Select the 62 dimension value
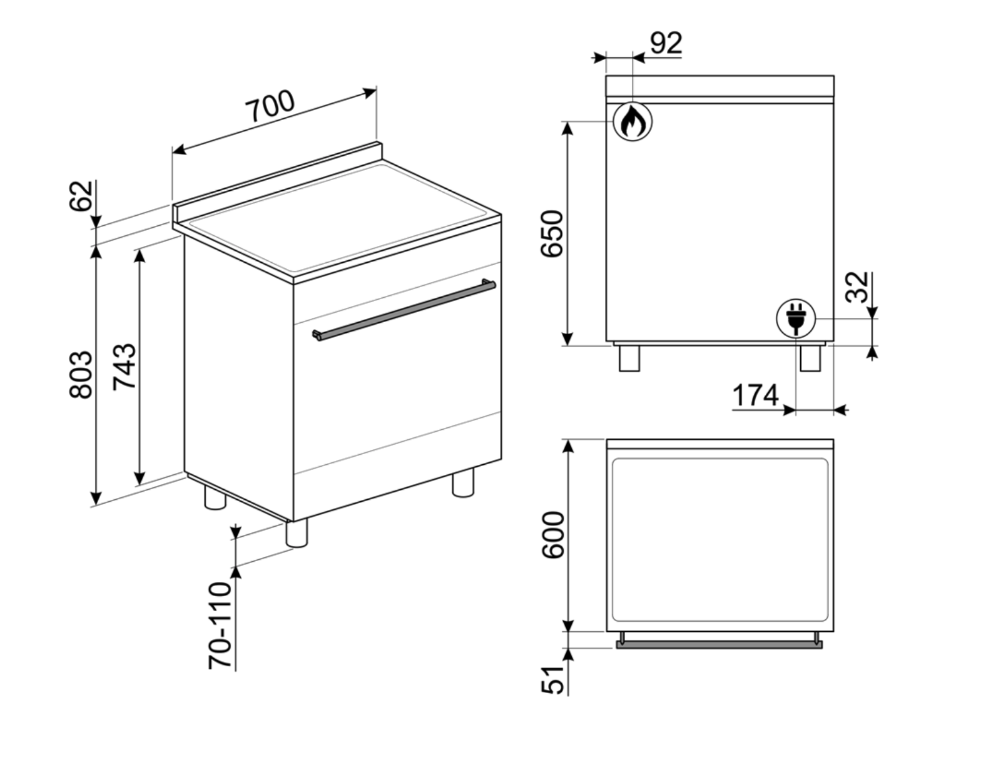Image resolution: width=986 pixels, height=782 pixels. [x=81, y=196]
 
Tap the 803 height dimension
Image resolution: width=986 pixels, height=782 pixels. [x=81, y=374]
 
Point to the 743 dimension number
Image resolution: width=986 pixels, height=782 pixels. [x=124, y=367]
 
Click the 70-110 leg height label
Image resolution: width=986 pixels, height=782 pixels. [x=220, y=625]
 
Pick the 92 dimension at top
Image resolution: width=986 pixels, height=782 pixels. [x=666, y=43]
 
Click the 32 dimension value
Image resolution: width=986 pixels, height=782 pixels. [x=857, y=287]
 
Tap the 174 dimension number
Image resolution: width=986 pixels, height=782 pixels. [x=755, y=395]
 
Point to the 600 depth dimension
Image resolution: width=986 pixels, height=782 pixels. [x=553, y=535]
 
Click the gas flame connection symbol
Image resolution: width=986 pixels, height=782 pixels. [x=632, y=121]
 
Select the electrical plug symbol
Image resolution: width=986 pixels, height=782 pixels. [x=796, y=318]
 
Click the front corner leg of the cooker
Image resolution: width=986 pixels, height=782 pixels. [x=297, y=534]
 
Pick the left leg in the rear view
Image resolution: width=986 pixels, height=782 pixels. [x=629, y=358]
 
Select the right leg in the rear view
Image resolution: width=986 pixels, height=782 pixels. [x=810, y=358]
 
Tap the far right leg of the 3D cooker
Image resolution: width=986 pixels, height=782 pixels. [x=463, y=484]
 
